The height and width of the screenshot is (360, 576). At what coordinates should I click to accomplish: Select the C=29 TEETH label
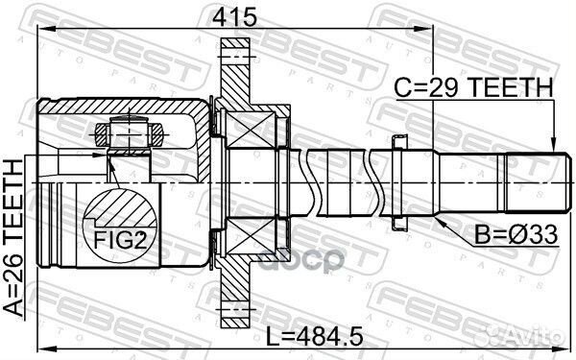click(474, 88)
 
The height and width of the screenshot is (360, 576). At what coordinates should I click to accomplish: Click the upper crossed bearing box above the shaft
click(252, 125)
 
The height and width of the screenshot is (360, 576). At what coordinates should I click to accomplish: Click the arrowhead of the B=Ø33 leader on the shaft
click(435, 214)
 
